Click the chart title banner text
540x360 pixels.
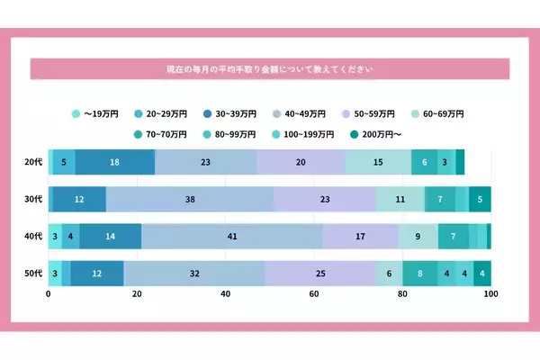270,69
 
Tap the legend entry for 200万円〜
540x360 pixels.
376,134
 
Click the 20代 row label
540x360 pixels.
32,162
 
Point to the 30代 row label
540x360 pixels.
32,199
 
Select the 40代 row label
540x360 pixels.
32,236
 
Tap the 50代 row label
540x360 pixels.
32,273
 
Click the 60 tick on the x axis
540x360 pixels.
314,294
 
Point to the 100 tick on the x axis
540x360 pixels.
490,294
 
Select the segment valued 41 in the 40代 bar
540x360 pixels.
231,236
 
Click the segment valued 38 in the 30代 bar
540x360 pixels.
189,199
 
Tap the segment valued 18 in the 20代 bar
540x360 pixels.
115,162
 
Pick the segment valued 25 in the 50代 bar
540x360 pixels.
320,273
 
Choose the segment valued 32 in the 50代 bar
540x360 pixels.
194,273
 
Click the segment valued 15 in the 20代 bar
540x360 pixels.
378,162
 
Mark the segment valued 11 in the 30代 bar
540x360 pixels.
400,199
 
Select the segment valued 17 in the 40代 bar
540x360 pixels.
360,236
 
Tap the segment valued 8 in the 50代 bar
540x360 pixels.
420,273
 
